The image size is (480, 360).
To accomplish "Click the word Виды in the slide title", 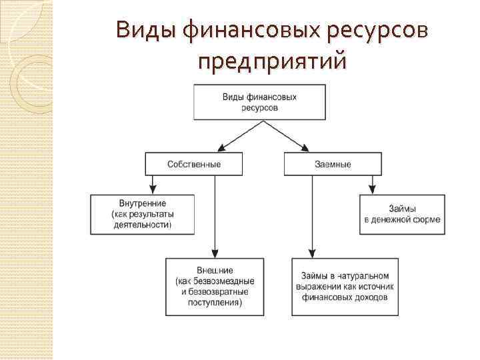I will click(x=141, y=31).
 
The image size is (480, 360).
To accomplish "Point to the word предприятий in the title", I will click(x=273, y=61).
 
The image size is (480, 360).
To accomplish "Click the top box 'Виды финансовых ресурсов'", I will click(x=259, y=102).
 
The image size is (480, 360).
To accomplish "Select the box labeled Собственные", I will click(x=194, y=164).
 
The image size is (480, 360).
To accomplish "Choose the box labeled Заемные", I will click(x=333, y=164).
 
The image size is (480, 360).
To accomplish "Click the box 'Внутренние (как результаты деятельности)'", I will click(x=143, y=214).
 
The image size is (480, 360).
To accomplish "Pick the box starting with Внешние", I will click(x=215, y=287).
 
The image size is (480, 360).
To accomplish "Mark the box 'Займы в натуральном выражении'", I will click(x=345, y=287).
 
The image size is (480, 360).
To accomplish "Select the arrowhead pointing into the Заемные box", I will click(x=305, y=148).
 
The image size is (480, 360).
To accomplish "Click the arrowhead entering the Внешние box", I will click(x=215, y=253).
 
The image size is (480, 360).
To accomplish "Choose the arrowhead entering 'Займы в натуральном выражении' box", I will click(x=311, y=253).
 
